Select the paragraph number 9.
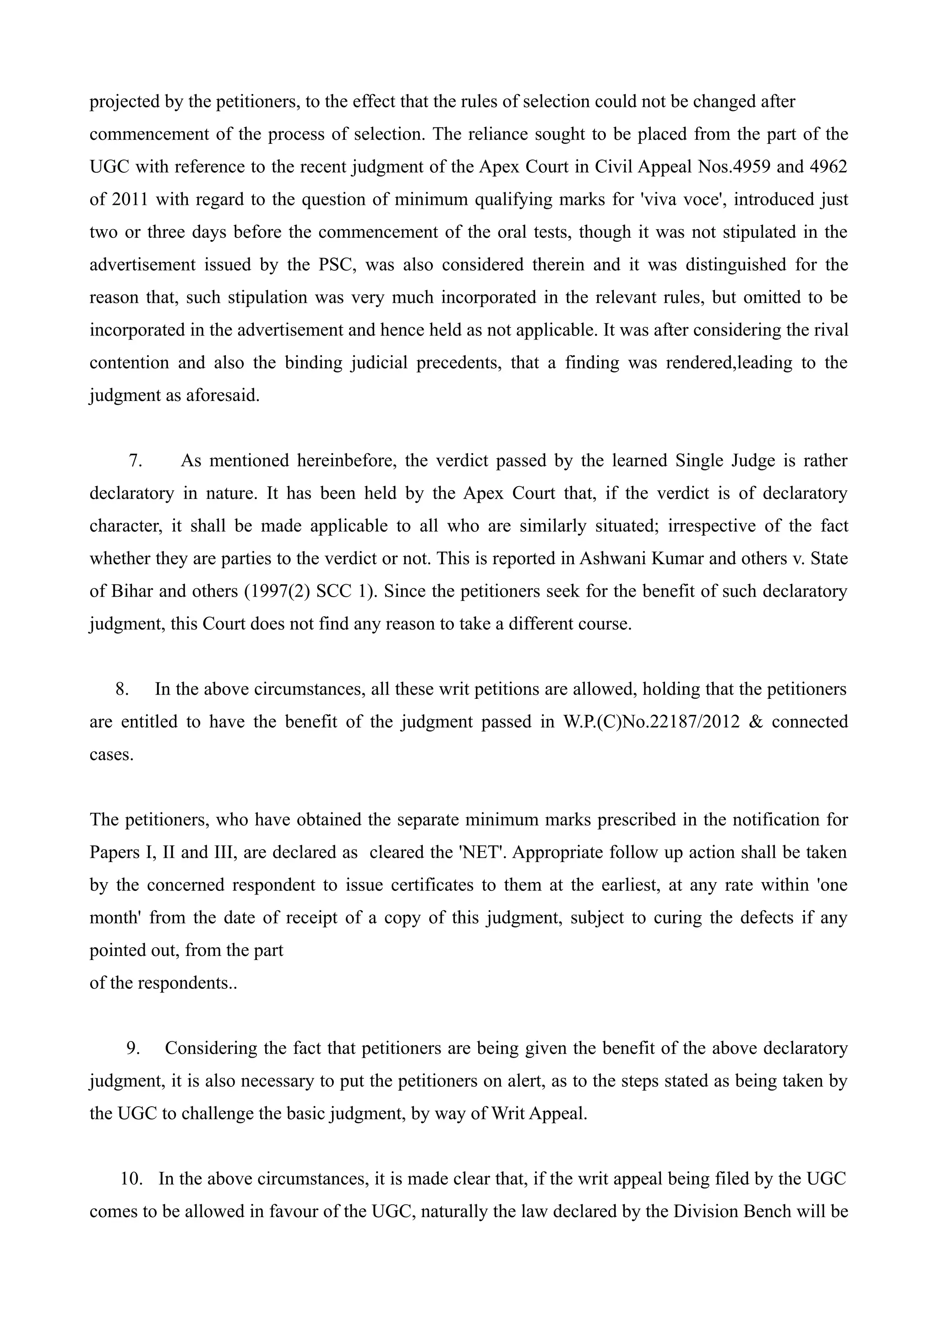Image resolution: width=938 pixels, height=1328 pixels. pyautogui.click(x=133, y=1048)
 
